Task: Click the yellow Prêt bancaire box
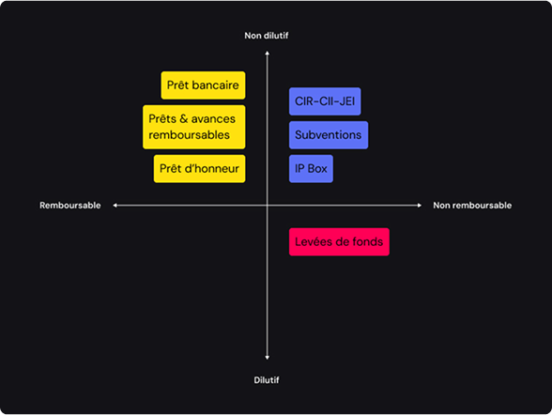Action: pyautogui.click(x=203, y=85)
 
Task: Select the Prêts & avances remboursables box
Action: pyautogui.click(x=194, y=127)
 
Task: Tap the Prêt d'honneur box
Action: pyautogui.click(x=199, y=169)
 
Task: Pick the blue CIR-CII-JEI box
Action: pyautogui.click(x=325, y=101)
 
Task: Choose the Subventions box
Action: pyautogui.click(x=329, y=135)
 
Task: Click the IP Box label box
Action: pyautogui.click(x=311, y=169)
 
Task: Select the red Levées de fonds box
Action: pyautogui.click(x=339, y=242)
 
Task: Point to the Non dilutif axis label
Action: pyautogui.click(x=267, y=36)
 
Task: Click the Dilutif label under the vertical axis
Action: pyautogui.click(x=267, y=380)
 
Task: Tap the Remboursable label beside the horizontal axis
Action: pyautogui.click(x=70, y=206)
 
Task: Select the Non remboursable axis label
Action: pyautogui.click(x=472, y=206)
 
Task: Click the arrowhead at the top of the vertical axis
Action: pyautogui.click(x=268, y=53)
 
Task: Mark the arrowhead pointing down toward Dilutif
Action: pyautogui.click(x=268, y=358)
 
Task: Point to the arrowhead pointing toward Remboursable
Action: pyautogui.click(x=115, y=206)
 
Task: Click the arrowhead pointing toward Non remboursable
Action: pyautogui.click(x=420, y=206)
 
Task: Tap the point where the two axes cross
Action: pyautogui.click(x=268, y=206)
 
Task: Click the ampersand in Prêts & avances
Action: pyautogui.click(x=183, y=119)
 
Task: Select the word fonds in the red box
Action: pyautogui.click(x=368, y=242)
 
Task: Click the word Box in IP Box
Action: pyautogui.click(x=317, y=169)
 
